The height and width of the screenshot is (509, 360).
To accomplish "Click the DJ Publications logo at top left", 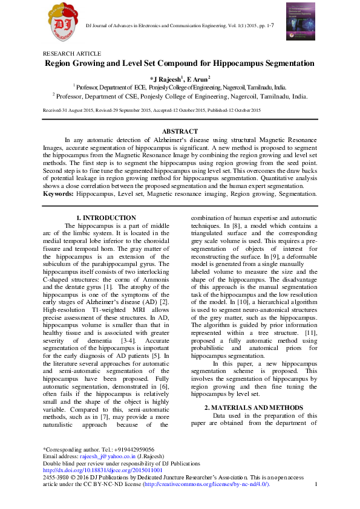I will click(x=63, y=25).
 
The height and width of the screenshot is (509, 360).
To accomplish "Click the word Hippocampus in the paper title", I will click(x=235, y=63).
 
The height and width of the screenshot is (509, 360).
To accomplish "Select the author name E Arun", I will click(x=197, y=79).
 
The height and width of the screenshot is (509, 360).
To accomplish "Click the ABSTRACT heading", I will click(x=180, y=131).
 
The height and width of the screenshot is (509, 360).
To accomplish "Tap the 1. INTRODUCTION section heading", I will click(x=105, y=218).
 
